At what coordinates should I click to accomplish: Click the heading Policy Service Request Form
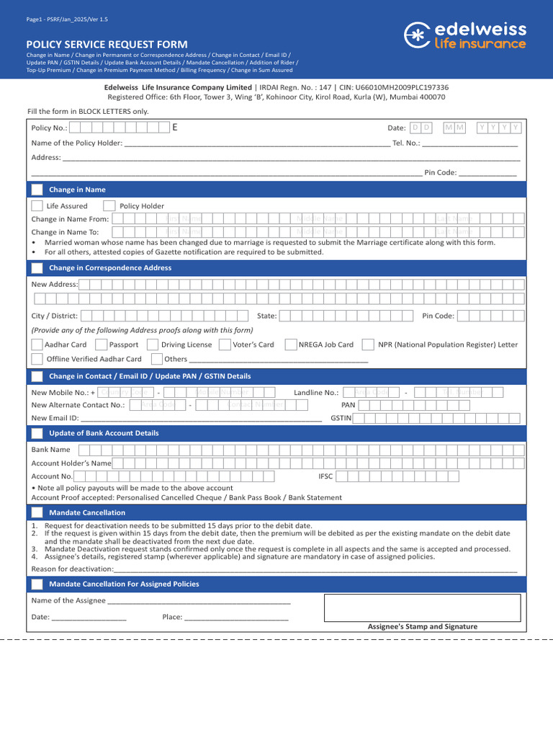pos(107,44)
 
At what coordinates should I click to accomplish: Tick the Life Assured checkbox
pos(37,205)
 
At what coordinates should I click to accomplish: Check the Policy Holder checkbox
pos(109,205)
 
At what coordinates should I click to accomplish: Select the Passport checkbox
pos(102,344)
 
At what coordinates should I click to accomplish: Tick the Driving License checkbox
pos(152,344)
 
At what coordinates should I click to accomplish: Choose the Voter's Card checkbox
pos(225,344)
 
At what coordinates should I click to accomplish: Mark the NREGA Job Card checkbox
pos(292,344)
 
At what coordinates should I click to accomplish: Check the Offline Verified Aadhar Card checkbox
pos(37,358)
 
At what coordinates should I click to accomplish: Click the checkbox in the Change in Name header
pos(37,190)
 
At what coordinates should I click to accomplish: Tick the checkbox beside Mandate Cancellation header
pos(37,512)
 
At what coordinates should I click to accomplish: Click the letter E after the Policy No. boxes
pos(174,128)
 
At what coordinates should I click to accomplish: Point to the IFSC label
pos(326,476)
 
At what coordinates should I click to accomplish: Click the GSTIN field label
pos(341,418)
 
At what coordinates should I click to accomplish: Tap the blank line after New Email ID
pos(202,418)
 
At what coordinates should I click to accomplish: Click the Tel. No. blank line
pos(469,143)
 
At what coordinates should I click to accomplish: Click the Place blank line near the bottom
pos(236,617)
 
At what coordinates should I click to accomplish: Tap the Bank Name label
pos(50,450)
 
